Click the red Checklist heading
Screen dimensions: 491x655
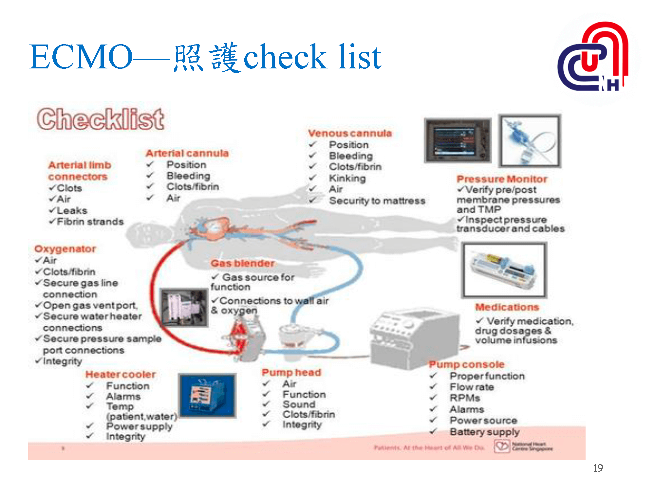101,119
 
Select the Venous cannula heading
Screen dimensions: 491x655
350,133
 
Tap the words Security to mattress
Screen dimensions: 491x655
377,201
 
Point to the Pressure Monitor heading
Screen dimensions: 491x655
502,179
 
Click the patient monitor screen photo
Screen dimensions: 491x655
458,140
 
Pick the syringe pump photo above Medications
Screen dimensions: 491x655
504,270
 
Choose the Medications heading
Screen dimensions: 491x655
507,307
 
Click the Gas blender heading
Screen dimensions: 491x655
242,263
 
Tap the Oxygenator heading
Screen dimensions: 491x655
65,249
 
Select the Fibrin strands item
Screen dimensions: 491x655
90,222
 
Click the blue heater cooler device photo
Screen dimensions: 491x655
207,395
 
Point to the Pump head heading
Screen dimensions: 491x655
291,372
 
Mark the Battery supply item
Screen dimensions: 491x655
484,432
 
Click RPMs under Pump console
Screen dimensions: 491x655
465,398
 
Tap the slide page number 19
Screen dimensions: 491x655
598,468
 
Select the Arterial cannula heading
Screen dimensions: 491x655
187,153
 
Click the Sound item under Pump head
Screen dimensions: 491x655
299,404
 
